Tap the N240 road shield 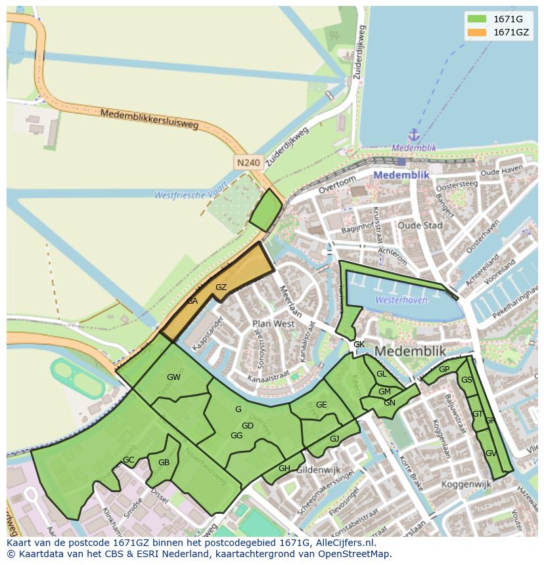click(248, 162)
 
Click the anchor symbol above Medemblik click(413, 135)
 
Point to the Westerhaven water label click(401, 300)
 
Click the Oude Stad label click(420, 225)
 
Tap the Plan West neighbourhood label click(273, 324)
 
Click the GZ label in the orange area click(221, 287)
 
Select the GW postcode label click(173, 377)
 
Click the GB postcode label click(164, 463)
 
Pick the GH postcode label click(284, 468)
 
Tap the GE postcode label click(321, 405)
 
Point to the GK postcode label click(359, 345)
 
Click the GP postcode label click(444, 369)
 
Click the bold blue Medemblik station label click(401, 175)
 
